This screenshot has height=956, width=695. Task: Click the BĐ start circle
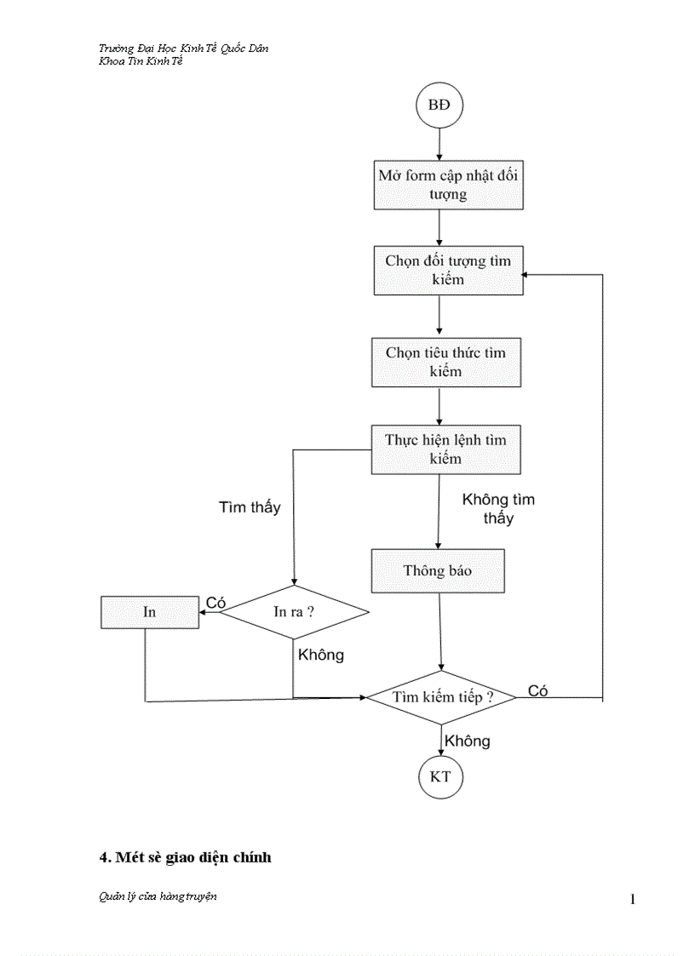[x=439, y=106]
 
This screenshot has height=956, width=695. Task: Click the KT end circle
[x=440, y=777]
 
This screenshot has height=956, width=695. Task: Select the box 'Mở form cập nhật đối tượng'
[x=448, y=185]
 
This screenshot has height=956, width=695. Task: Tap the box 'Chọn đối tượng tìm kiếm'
[x=448, y=270]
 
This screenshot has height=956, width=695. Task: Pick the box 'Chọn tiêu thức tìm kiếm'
[x=445, y=362]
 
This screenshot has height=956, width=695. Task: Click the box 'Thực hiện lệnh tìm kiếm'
[x=445, y=449]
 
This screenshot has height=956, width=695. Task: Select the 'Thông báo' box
[x=438, y=570]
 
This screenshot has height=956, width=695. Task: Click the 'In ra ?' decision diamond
[x=294, y=612]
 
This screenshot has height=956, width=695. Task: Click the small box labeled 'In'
[x=150, y=612]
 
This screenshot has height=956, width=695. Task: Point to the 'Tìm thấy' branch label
[x=250, y=507]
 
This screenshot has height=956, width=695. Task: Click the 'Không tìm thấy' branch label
[x=498, y=508]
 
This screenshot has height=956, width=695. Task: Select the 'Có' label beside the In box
[x=215, y=603]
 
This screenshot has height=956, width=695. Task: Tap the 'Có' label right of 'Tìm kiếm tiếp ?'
[x=537, y=691]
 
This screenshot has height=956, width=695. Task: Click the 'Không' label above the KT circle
[x=468, y=741]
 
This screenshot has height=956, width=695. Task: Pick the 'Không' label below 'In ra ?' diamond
[x=321, y=655]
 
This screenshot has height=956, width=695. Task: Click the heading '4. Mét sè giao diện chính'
[x=186, y=857]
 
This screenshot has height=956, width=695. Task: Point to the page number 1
[x=633, y=899]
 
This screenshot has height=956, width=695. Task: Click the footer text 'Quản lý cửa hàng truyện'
[x=158, y=896]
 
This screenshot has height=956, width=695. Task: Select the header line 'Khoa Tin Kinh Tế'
[x=141, y=61]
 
